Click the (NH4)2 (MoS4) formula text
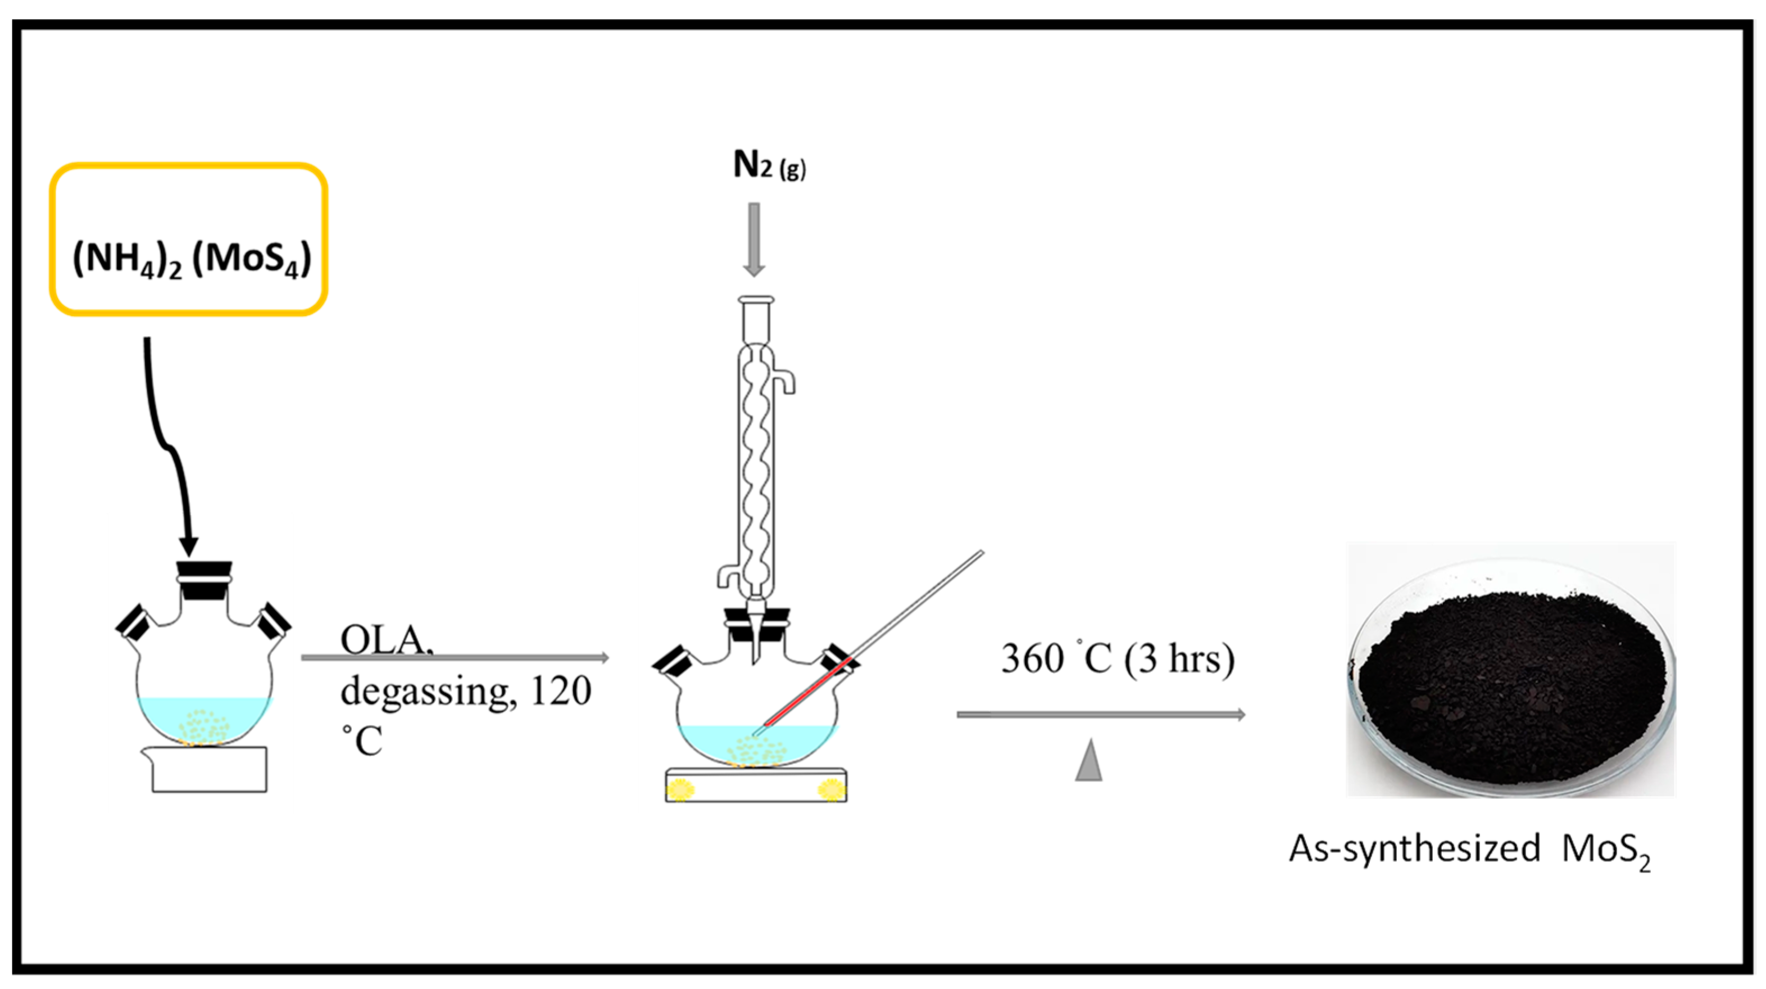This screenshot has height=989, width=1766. coord(192,259)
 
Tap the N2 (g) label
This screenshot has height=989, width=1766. coord(769,165)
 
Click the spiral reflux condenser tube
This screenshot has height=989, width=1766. coord(756,466)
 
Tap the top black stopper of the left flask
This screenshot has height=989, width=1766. coord(205,571)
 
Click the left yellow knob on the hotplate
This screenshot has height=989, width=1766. coord(681,789)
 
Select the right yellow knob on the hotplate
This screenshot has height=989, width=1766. coord(831,789)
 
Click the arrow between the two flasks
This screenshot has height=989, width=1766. coord(454,658)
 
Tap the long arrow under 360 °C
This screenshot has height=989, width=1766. coord(1100,715)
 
